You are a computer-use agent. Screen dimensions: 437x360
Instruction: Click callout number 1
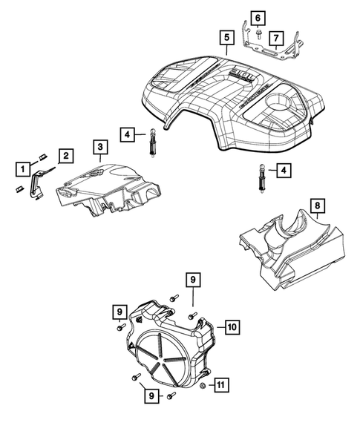pyautogui.click(x=24, y=168)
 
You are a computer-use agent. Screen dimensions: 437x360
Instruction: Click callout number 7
pyautogui.click(x=275, y=36)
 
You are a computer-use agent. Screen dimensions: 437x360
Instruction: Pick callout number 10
pyautogui.click(x=230, y=326)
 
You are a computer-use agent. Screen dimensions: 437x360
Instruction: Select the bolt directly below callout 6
pyautogui.click(x=256, y=33)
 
